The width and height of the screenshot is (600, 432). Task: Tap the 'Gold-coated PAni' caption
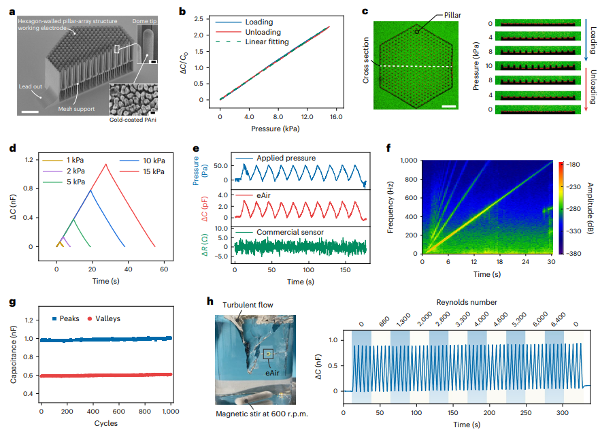[x=134, y=120]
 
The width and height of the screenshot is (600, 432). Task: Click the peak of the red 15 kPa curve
[x=105, y=164]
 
